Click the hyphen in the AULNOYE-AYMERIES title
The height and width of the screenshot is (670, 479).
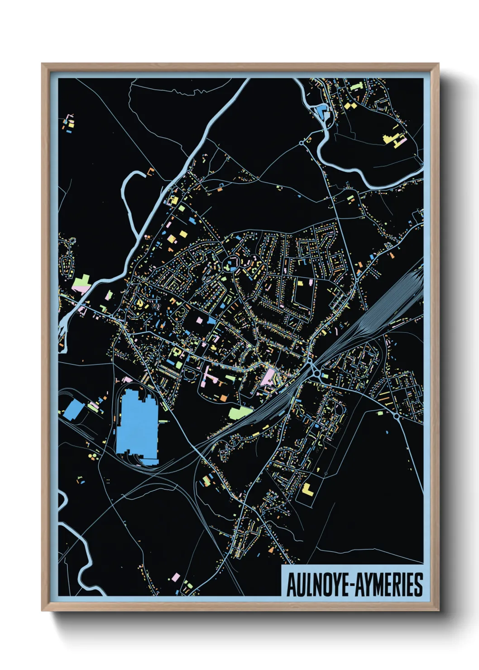tap(352, 585)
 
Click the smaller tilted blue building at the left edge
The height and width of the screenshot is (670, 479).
tap(73, 410)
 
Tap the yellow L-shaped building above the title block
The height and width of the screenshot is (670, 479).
tap(307, 489)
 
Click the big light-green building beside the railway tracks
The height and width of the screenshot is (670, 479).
tap(240, 412)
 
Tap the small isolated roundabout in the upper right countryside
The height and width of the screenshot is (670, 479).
tap(302, 143)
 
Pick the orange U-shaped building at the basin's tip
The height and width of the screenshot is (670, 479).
tap(151, 171)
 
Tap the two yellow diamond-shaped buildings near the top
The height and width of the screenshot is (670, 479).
tap(350, 105)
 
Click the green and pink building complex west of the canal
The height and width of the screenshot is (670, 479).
tap(82, 283)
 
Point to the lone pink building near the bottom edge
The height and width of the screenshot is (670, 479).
tap(175, 577)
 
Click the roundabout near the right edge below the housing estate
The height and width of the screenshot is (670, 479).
tap(396, 415)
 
